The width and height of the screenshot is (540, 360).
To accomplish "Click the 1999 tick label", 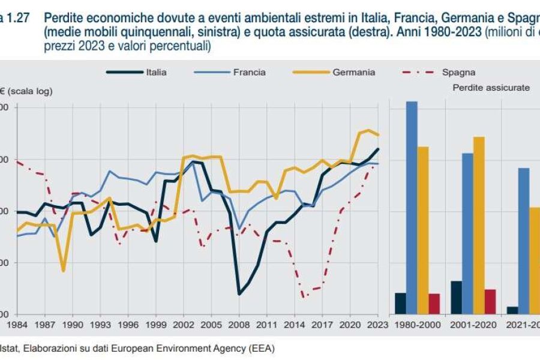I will click(x=156, y=324).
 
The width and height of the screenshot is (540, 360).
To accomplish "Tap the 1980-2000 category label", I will click(x=418, y=324).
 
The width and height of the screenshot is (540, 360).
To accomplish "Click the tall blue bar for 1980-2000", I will click(x=412, y=207).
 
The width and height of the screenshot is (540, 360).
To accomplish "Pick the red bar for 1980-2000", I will click(x=434, y=304).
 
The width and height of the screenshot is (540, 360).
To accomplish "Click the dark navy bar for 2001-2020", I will click(x=456, y=297).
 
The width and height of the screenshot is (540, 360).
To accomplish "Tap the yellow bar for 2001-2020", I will click(x=479, y=225).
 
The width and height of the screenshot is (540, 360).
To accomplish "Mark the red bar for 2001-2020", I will click(x=490, y=301).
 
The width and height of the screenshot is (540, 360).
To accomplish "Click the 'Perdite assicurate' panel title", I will click(x=490, y=88).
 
